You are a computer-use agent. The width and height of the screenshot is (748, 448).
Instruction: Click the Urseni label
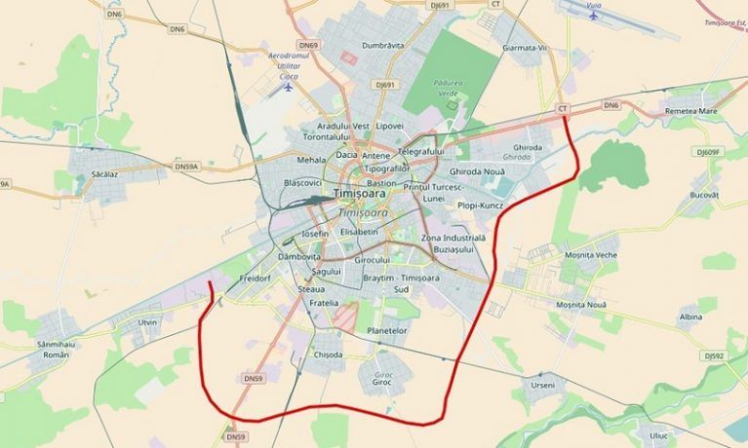click(542, 387)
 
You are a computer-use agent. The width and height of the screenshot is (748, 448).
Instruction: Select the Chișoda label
click(328, 355)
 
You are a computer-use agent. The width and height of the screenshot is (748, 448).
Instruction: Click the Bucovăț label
click(703, 195)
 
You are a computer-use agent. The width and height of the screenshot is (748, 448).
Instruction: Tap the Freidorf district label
click(255, 279)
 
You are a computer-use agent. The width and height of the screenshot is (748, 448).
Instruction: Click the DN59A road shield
click(186, 167)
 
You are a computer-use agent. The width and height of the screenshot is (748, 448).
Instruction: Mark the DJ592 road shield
click(714, 356)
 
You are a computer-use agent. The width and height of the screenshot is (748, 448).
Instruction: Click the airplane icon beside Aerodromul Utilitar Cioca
click(288, 86)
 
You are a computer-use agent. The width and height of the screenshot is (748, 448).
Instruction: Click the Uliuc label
click(661, 435)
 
